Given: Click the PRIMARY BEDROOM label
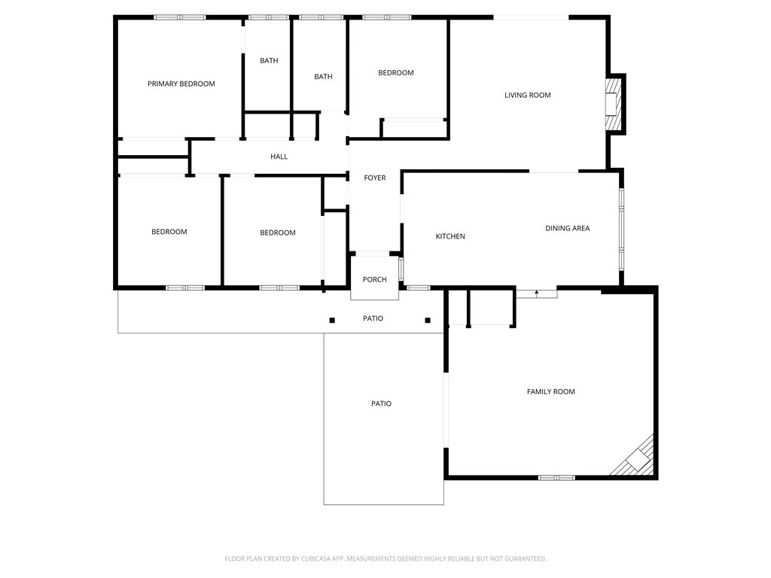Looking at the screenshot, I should [181, 84].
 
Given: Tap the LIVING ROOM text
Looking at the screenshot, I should [527, 95].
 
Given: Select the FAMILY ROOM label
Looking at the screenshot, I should [550, 391].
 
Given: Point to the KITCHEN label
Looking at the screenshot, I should [450, 236].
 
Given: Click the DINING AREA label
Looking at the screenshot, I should [567, 228].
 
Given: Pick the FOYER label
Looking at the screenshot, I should [374, 178].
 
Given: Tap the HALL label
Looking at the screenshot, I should [279, 157].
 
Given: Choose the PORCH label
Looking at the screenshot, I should [374, 279].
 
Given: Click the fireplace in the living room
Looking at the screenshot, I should [614, 104].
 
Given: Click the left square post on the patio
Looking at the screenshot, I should [332, 321].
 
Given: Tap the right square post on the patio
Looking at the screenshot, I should [428, 321].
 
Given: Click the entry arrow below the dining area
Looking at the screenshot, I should [536, 293].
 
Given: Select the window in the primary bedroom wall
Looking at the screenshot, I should [180, 17].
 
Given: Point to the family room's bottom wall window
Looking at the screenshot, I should [556, 477].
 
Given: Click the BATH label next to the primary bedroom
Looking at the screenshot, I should [269, 60].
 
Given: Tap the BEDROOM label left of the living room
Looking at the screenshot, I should [395, 73].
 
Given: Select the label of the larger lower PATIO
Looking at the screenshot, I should [381, 403].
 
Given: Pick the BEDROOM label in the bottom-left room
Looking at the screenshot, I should [169, 232].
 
